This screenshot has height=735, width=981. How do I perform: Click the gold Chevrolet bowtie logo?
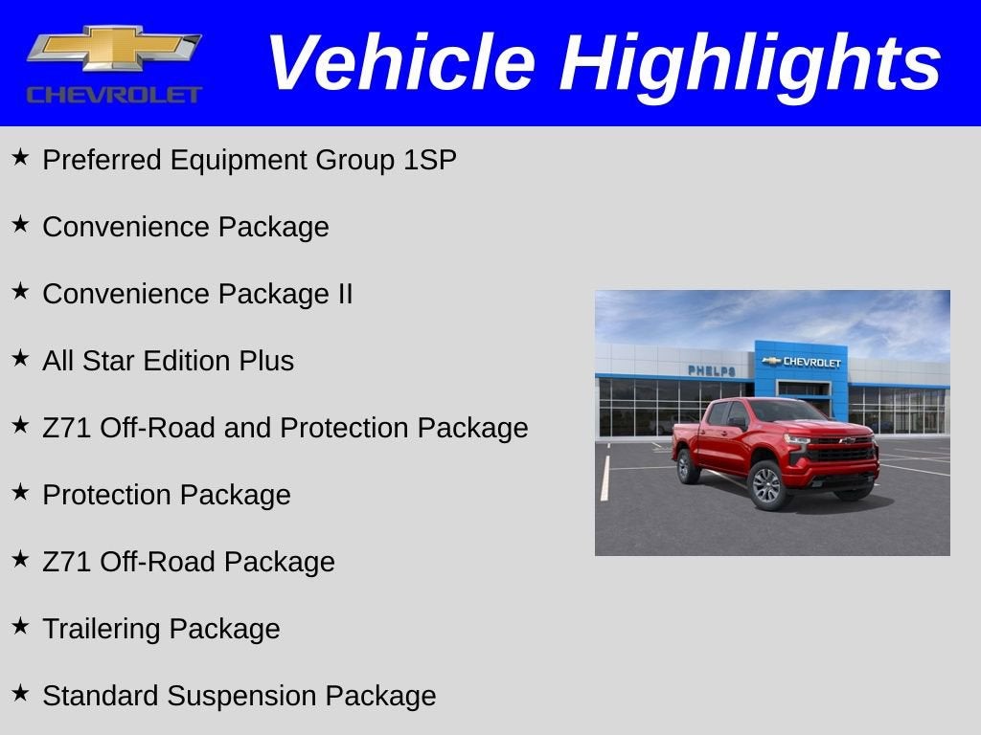coord(113,49)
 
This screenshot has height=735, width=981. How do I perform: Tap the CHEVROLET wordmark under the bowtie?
coord(114,95)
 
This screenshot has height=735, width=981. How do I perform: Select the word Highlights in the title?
coord(750,63)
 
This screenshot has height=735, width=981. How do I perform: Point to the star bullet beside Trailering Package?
coord(20,626)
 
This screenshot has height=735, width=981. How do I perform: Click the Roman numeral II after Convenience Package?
coord(345,294)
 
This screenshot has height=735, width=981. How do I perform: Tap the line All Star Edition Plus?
coord(168,361)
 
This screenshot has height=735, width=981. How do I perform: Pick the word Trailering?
coord(102,629)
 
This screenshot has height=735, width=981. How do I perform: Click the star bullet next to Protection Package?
coord(20,492)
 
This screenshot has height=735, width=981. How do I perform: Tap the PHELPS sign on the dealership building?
coord(711,370)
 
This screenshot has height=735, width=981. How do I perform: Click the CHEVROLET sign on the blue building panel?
coord(803,362)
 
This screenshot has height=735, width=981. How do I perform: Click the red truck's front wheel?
coord(766,485)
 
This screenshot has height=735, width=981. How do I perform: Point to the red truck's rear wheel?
coord(687,466)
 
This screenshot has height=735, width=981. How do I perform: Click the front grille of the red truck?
coord(839,451)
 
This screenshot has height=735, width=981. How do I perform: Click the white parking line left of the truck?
coord(605,478)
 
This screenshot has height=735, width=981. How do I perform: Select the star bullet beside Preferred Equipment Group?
coord(20,157)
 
